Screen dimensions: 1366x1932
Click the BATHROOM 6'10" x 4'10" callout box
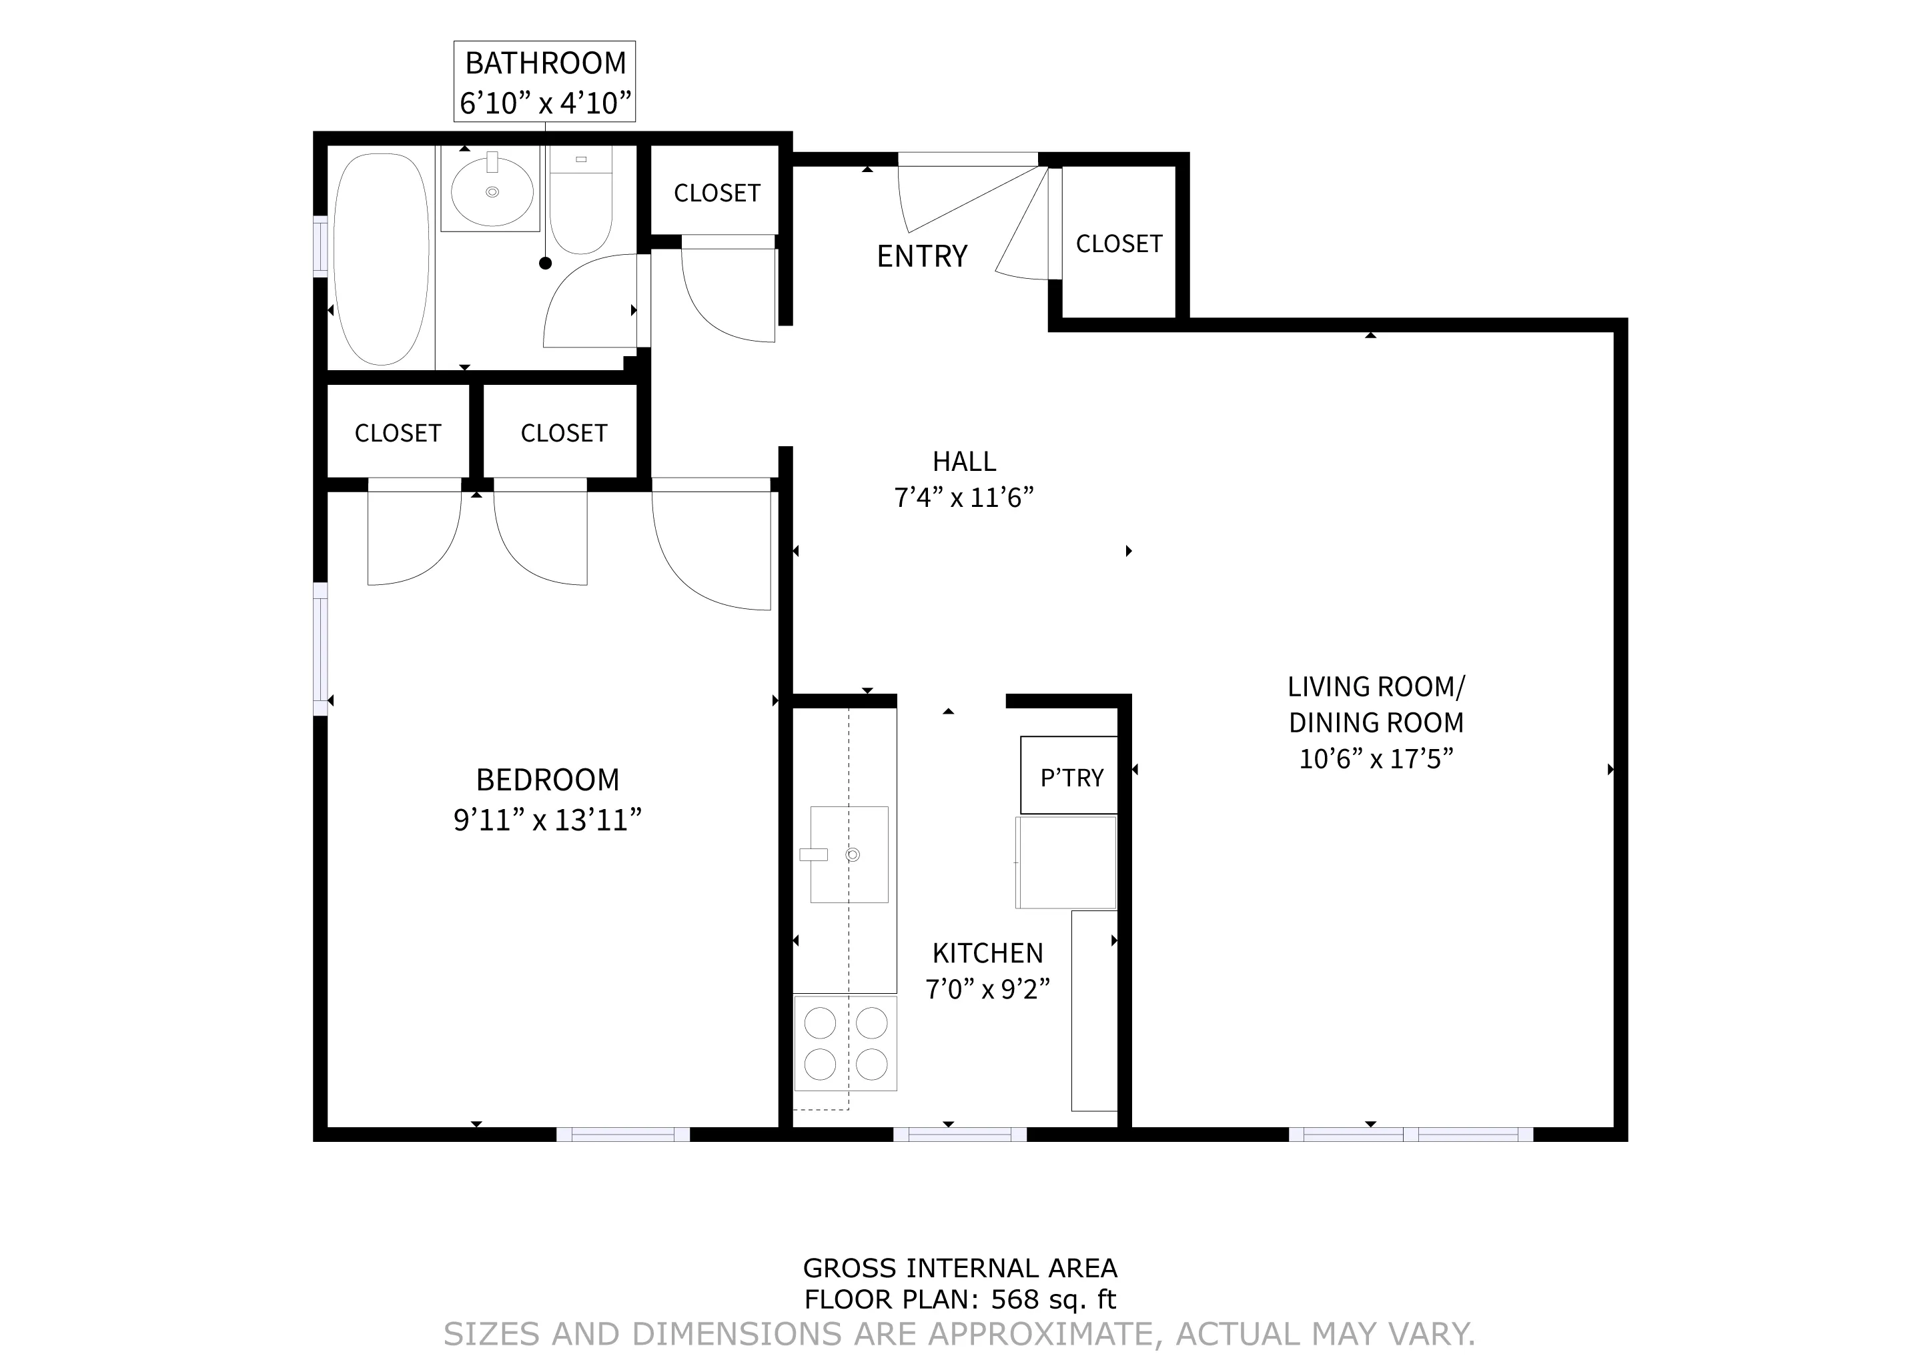click(544, 81)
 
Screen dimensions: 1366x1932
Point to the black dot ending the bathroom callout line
click(545, 263)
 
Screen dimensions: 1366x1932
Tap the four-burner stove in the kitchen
click(846, 1044)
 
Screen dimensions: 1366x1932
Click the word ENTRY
click(921, 255)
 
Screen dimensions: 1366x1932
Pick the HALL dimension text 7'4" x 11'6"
click(963, 498)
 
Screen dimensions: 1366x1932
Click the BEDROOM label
click(547, 780)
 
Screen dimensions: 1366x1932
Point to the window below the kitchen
click(959, 1135)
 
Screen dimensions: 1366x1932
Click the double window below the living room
click(1410, 1135)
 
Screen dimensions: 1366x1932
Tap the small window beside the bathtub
click(320, 245)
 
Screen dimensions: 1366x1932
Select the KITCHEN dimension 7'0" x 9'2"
click(987, 989)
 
